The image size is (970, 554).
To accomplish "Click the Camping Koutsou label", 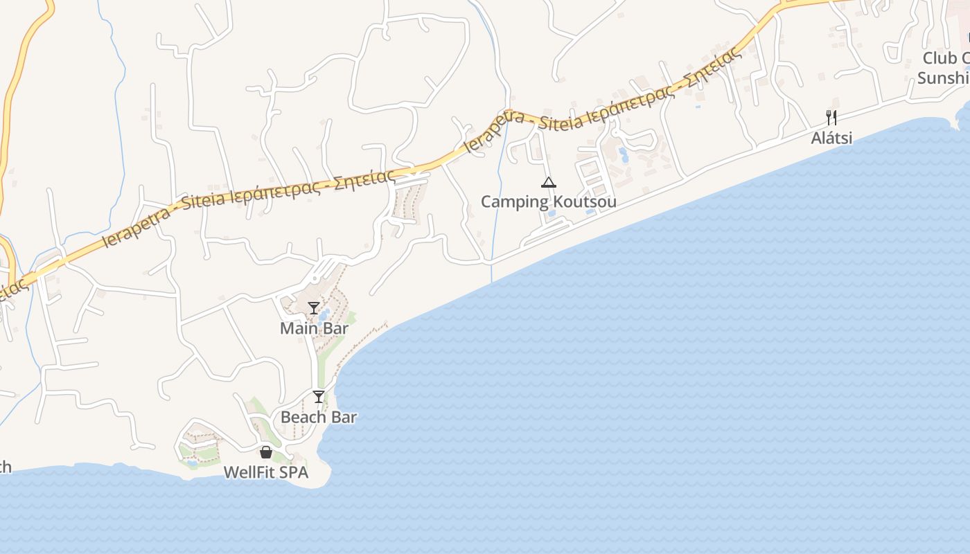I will (x=548, y=202).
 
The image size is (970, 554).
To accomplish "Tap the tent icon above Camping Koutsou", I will (x=549, y=183).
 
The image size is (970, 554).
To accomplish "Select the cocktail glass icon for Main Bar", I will (x=314, y=308).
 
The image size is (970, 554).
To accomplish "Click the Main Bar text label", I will (x=314, y=328).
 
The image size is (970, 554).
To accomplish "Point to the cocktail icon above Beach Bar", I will (x=319, y=397).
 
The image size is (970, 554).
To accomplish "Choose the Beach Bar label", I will (x=319, y=417).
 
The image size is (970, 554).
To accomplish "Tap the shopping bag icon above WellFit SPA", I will (x=265, y=452).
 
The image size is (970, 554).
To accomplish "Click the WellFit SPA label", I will (x=265, y=472).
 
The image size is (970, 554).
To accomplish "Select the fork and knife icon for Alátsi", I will (x=831, y=118).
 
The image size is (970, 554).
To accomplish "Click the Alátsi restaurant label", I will (x=831, y=138).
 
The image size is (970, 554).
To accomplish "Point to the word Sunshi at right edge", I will (x=944, y=78).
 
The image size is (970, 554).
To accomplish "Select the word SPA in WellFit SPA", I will (x=293, y=472).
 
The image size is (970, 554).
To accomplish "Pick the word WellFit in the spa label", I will (x=250, y=472).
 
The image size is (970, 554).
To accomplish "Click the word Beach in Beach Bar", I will (x=303, y=417).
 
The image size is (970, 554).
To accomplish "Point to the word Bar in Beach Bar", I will (x=343, y=417).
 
